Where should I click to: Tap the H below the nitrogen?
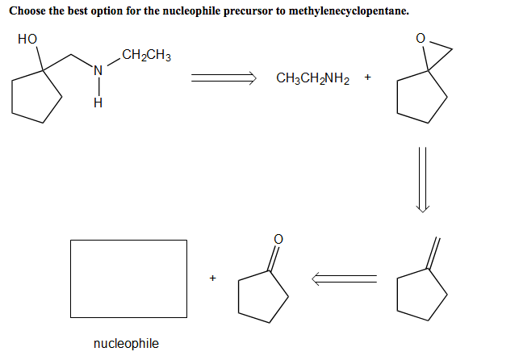98,103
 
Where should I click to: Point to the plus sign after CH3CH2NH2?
367,78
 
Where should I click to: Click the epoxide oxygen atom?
419,38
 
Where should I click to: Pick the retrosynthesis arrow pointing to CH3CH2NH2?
223,78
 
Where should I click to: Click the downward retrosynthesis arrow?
423,180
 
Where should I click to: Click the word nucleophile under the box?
127,344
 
